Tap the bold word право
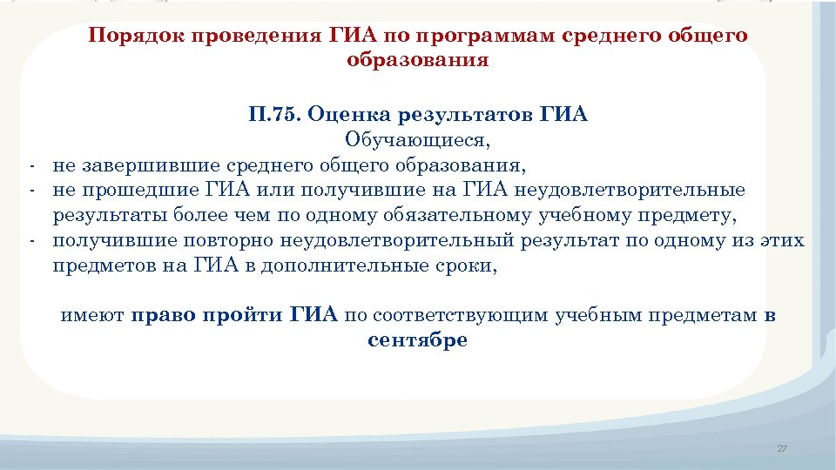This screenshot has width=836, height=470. point(162,315)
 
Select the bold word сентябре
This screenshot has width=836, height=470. point(417,340)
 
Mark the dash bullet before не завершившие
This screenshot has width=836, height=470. point(30,165)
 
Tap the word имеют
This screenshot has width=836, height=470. point(91,315)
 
